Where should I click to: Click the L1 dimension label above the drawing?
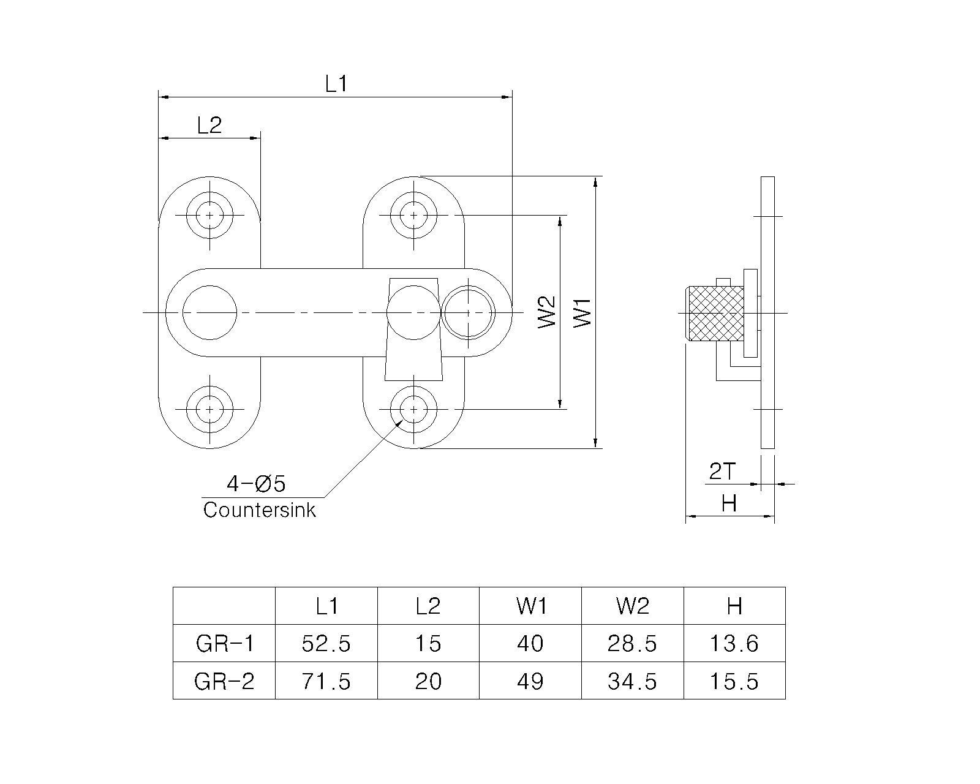pos(336,84)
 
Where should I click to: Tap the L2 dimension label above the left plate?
pos(209,125)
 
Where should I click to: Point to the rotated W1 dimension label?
pos(582,312)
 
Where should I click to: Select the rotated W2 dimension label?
pos(547,312)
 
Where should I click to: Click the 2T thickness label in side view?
pos(722,471)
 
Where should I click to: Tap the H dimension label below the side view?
pos(729,503)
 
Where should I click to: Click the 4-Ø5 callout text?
pos(256,483)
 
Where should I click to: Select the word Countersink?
pos(259,510)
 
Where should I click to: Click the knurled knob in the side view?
pos(715,314)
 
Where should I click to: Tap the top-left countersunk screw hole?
pos(209,215)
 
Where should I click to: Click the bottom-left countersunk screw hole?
pos(209,409)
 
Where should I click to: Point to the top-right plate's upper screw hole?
pos(413,215)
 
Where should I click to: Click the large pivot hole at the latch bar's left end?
pos(209,312)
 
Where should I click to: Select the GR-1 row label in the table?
pos(224,643)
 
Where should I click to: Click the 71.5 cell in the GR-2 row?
pos(326,681)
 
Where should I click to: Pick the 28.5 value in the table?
pos(632,643)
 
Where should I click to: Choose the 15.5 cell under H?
pos(734,681)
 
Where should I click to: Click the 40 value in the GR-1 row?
pos(530,643)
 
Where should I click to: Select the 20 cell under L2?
pos(428,681)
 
